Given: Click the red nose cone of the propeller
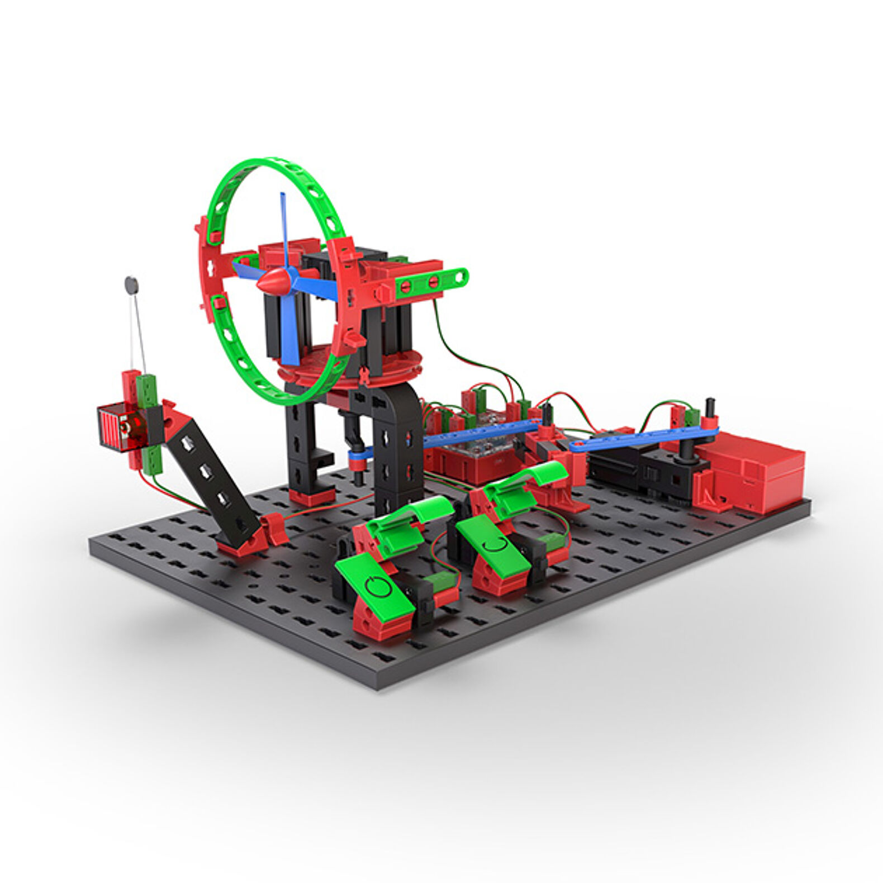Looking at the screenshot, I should click(x=272, y=281).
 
